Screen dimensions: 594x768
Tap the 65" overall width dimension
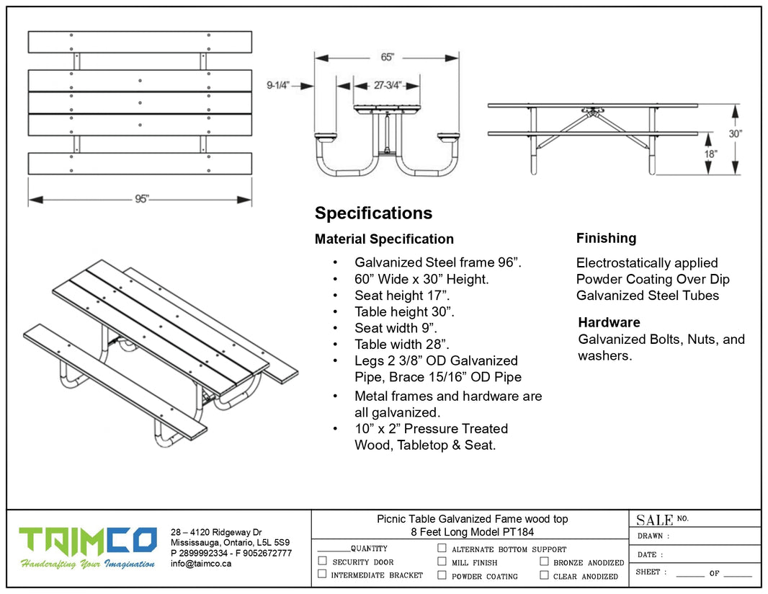coord(387,57)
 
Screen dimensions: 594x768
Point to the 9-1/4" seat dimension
coord(278,85)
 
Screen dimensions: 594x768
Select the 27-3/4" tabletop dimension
coord(386,85)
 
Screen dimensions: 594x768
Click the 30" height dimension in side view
coord(734,134)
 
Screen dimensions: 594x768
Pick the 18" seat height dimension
coord(710,154)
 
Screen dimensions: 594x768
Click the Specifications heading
coord(373,213)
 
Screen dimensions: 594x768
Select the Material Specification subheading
coord(384,239)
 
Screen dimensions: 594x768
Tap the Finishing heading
coord(606,238)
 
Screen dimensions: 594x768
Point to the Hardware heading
coord(609,322)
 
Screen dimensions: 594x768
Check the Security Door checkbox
coord(323,561)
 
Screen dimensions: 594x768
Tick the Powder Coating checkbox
coord(442,575)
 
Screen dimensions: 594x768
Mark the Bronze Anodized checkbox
coord(544,562)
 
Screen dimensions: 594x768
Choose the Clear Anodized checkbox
coord(544,575)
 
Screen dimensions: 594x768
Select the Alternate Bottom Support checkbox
coord(442,548)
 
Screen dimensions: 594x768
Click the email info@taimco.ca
coord(201,564)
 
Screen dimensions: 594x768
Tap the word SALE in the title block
coord(654,520)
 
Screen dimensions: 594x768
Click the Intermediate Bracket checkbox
coord(323,575)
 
